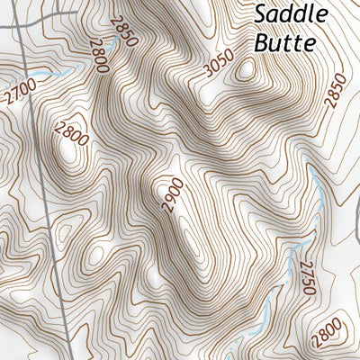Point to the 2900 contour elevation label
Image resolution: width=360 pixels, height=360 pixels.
click(170, 195)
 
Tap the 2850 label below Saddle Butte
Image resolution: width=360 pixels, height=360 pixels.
click(335, 90)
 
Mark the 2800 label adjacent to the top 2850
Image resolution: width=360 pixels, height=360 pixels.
click(98, 58)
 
